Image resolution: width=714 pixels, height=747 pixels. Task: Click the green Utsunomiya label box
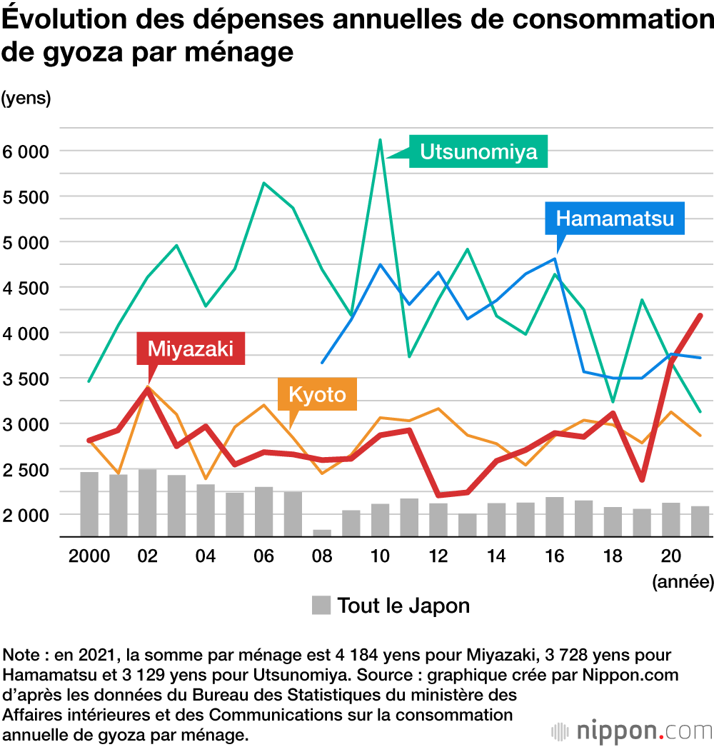[x=478, y=151]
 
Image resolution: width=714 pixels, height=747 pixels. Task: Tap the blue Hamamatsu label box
[x=615, y=218]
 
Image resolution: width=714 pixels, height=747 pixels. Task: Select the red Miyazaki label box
[x=190, y=349]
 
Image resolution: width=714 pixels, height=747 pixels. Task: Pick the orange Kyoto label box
[x=317, y=394]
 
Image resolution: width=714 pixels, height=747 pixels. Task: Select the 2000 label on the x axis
[x=89, y=556]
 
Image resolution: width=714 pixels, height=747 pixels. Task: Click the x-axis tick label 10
[x=380, y=556]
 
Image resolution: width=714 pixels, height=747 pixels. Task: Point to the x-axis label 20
[x=670, y=556]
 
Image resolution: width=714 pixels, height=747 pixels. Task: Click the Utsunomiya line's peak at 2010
[x=380, y=140]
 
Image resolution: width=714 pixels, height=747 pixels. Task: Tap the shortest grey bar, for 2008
[x=322, y=533]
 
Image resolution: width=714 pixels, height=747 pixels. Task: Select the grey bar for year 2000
[x=89, y=503]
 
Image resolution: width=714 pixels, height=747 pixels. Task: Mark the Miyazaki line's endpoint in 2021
[x=700, y=316]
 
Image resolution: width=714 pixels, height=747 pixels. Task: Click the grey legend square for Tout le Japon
[x=321, y=606]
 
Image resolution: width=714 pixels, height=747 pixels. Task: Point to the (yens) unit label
[x=26, y=99]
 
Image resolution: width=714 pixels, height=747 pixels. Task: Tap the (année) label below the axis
[x=683, y=582]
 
